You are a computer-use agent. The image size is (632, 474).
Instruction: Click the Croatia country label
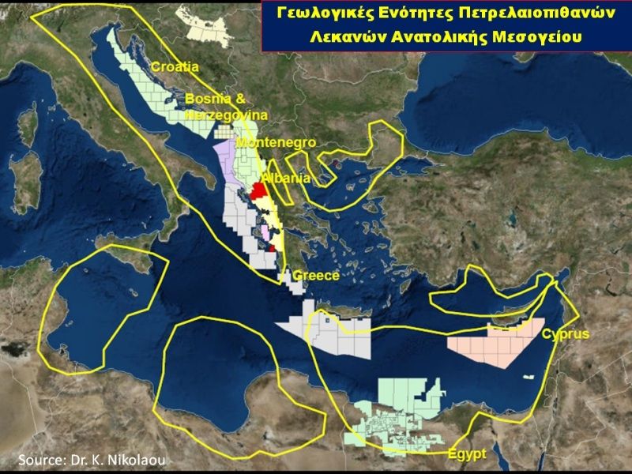pyautogui.click(x=175, y=67)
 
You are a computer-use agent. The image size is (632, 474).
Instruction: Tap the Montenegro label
pyautogui.click(x=276, y=143)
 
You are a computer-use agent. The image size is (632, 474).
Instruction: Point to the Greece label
pyautogui.click(x=315, y=276)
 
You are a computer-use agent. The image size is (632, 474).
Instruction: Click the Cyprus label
pyautogui.click(x=565, y=334)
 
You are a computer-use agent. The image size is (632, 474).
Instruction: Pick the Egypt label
pyautogui.click(x=466, y=455)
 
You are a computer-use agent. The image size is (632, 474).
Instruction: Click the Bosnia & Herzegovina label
pyautogui.click(x=225, y=107)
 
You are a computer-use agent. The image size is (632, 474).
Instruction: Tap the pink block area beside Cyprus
pyautogui.click(x=490, y=345)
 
